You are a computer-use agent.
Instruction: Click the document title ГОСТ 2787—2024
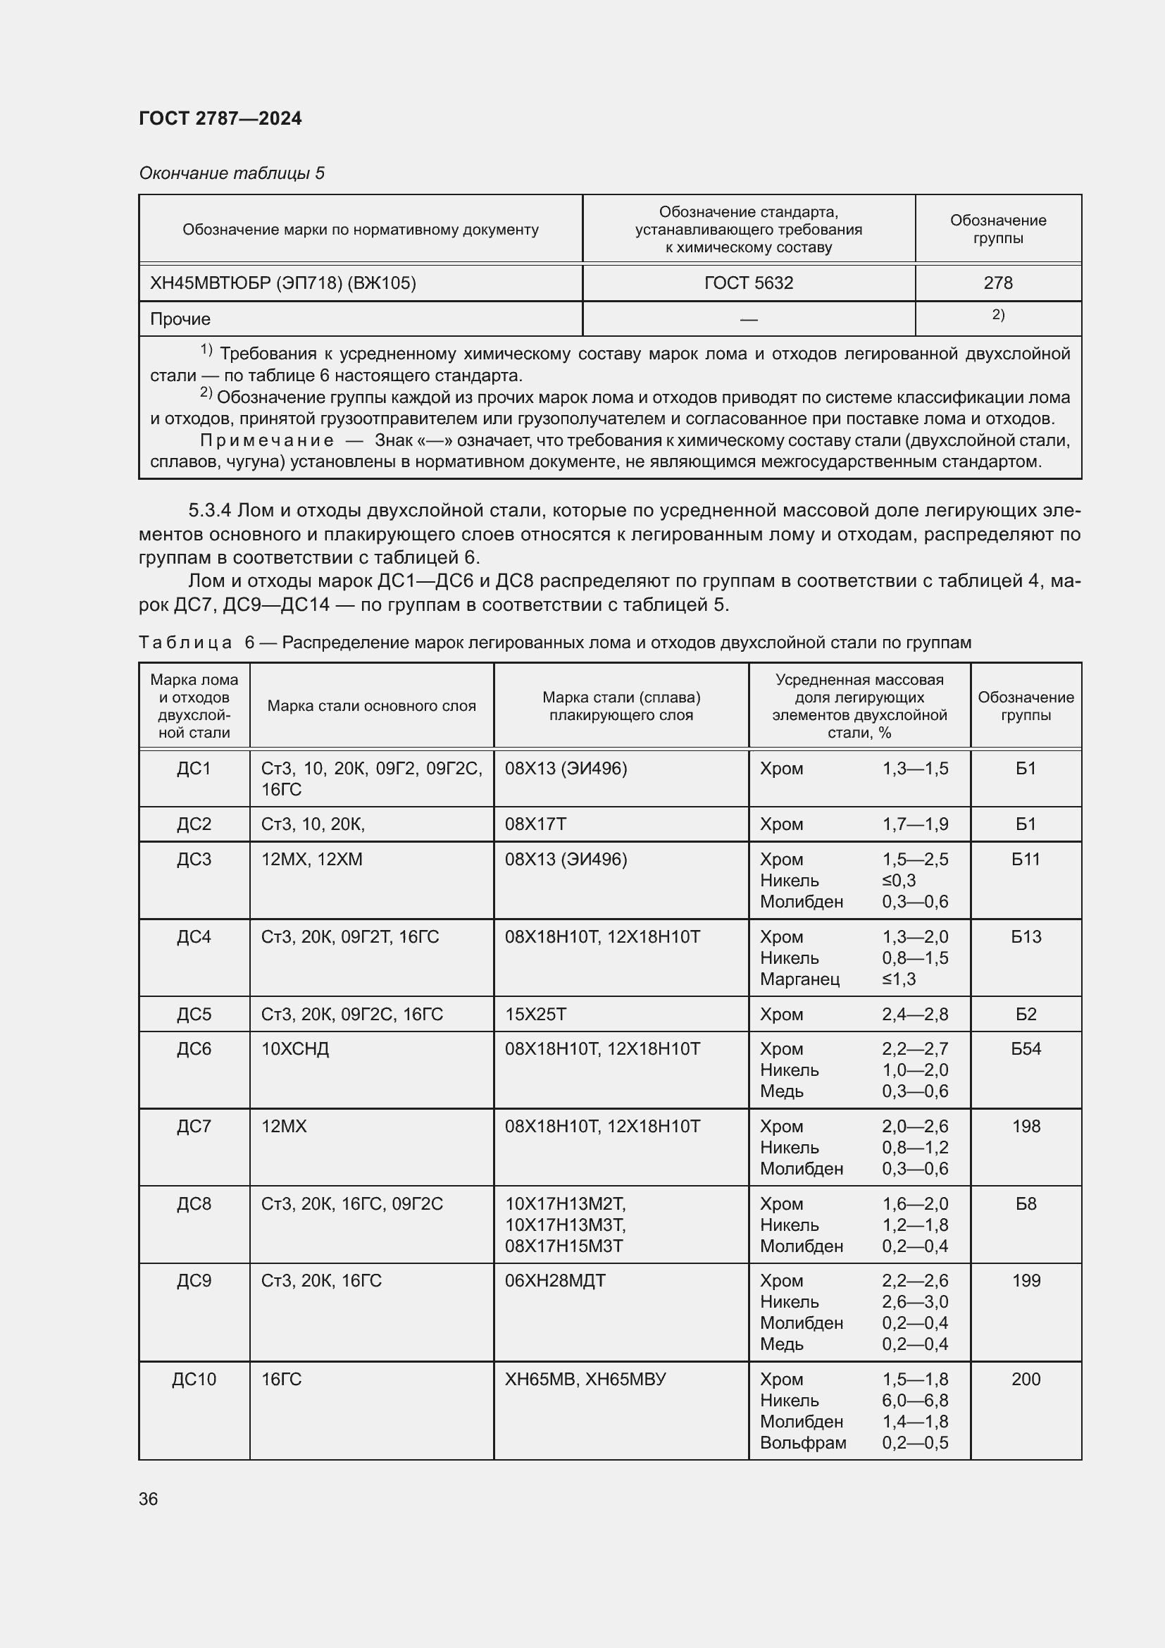pyautogui.click(x=220, y=118)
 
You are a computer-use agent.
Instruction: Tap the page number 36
pyautogui.click(x=149, y=1499)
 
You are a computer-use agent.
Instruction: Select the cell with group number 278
pyautogui.click(x=997, y=283)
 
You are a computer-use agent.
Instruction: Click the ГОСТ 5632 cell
pyautogui.click(x=748, y=283)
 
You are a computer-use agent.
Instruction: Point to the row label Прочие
pyautogui.click(x=180, y=318)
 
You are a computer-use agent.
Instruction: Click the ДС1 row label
pyautogui.click(x=194, y=769)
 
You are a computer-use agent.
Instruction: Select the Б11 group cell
pyautogui.click(x=1025, y=859)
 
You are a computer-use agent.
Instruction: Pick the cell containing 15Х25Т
pyautogui.click(x=535, y=1014)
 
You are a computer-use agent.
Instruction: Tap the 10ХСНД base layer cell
pyautogui.click(x=295, y=1048)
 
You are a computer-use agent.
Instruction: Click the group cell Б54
pyautogui.click(x=1025, y=1048)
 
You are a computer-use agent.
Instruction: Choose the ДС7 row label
pyautogui.click(x=194, y=1126)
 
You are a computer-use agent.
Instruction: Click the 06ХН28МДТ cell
pyautogui.click(x=554, y=1280)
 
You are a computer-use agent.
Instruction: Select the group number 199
pyautogui.click(x=1025, y=1280)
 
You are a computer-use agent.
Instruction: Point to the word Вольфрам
pyautogui.click(x=803, y=1443)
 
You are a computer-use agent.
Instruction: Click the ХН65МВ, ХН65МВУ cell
pyautogui.click(x=585, y=1379)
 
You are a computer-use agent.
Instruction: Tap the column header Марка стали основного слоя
pyautogui.click(x=372, y=705)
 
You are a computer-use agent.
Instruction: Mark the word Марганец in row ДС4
pyautogui.click(x=799, y=979)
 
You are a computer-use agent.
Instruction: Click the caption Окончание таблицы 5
pyautogui.click(x=232, y=173)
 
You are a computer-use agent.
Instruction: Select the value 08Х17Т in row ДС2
pyautogui.click(x=535, y=824)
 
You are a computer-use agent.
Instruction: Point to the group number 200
pyautogui.click(x=1025, y=1379)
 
